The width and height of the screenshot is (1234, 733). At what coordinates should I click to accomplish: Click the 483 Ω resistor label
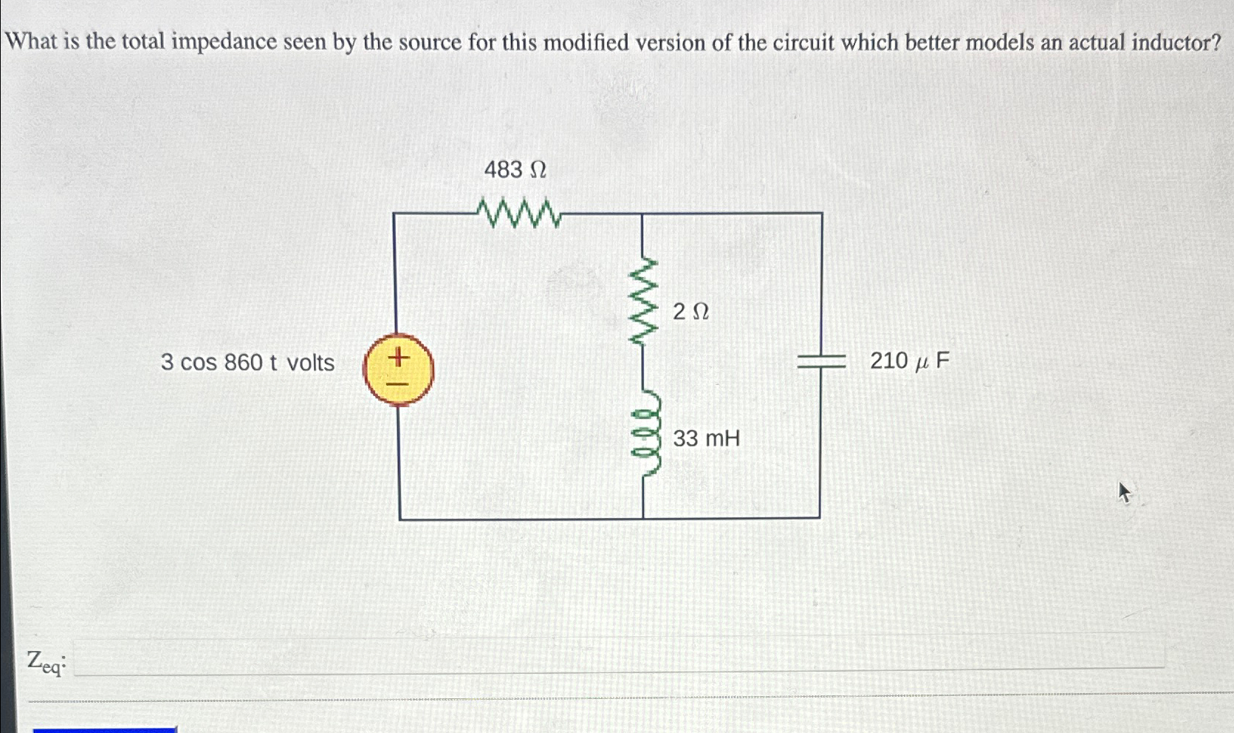pos(515,170)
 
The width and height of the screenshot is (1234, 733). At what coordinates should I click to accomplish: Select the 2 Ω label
pos(690,312)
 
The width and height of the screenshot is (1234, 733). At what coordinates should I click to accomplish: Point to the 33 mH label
pos(706,439)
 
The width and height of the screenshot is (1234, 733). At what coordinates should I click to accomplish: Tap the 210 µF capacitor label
pos(909,361)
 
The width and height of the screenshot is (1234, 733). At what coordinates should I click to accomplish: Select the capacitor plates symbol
pos(820,361)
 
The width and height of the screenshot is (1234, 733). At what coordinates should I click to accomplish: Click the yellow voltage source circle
pos(398,369)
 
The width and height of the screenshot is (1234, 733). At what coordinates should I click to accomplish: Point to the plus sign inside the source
pos(398,358)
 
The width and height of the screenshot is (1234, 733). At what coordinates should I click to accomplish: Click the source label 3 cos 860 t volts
pos(247,363)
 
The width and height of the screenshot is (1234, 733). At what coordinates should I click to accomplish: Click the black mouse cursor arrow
pos(1124,492)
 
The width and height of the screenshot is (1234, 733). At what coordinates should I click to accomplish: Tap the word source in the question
pos(429,42)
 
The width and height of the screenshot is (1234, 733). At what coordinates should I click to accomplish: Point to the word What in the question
pos(32,41)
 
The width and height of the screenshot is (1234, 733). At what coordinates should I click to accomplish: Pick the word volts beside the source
pos(310,363)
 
